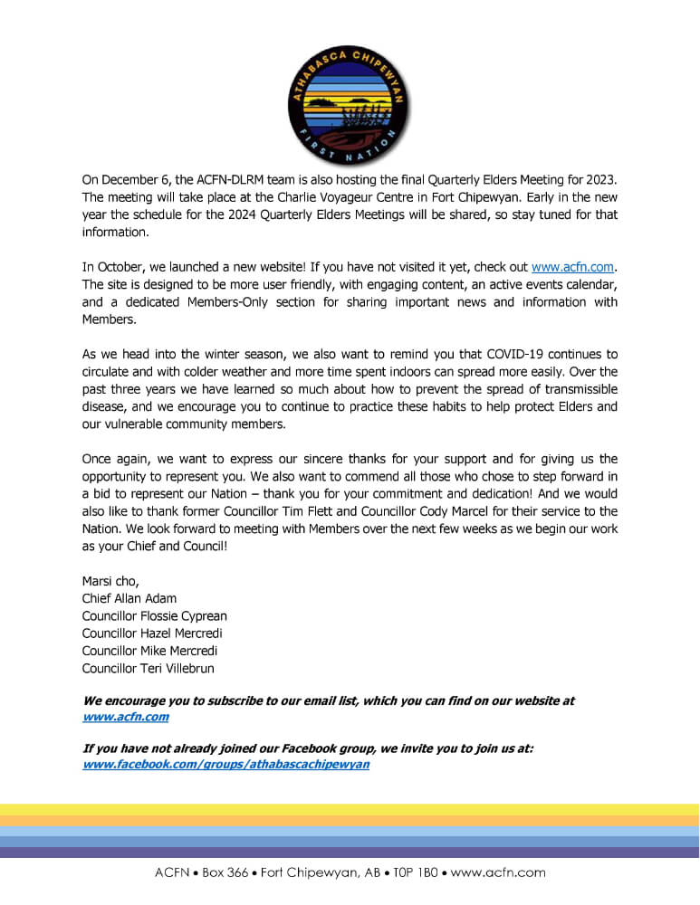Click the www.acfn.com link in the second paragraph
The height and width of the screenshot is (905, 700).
click(572, 267)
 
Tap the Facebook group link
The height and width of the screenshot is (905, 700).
click(225, 764)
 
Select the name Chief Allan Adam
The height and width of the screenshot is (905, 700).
click(129, 598)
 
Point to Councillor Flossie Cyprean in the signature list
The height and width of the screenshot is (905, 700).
click(154, 616)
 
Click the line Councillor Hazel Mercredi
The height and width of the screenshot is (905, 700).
click(151, 633)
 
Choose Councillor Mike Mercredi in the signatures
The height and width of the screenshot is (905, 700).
click(149, 651)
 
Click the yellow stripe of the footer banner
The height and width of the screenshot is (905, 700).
click(350, 809)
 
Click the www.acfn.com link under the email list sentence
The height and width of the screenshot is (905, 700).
click(125, 717)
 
